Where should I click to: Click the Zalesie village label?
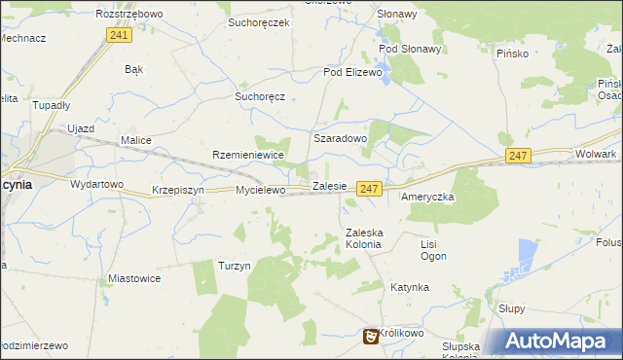coord(329,185)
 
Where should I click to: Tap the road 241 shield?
coord(118,35)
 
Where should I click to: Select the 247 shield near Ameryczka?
coord(368,189)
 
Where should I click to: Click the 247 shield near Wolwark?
coord(518,155)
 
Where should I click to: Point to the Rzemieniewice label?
coord(247,155)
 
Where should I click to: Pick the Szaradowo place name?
coord(339,139)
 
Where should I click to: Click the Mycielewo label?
coord(260,191)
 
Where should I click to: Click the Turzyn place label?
coord(235,266)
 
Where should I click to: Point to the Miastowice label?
coord(134,278)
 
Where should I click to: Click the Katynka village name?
coord(410,288)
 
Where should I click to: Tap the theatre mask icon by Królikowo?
coord(370,337)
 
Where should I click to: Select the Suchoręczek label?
coord(259,21)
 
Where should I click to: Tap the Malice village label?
coord(135,140)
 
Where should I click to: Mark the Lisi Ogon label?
coord(433,250)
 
